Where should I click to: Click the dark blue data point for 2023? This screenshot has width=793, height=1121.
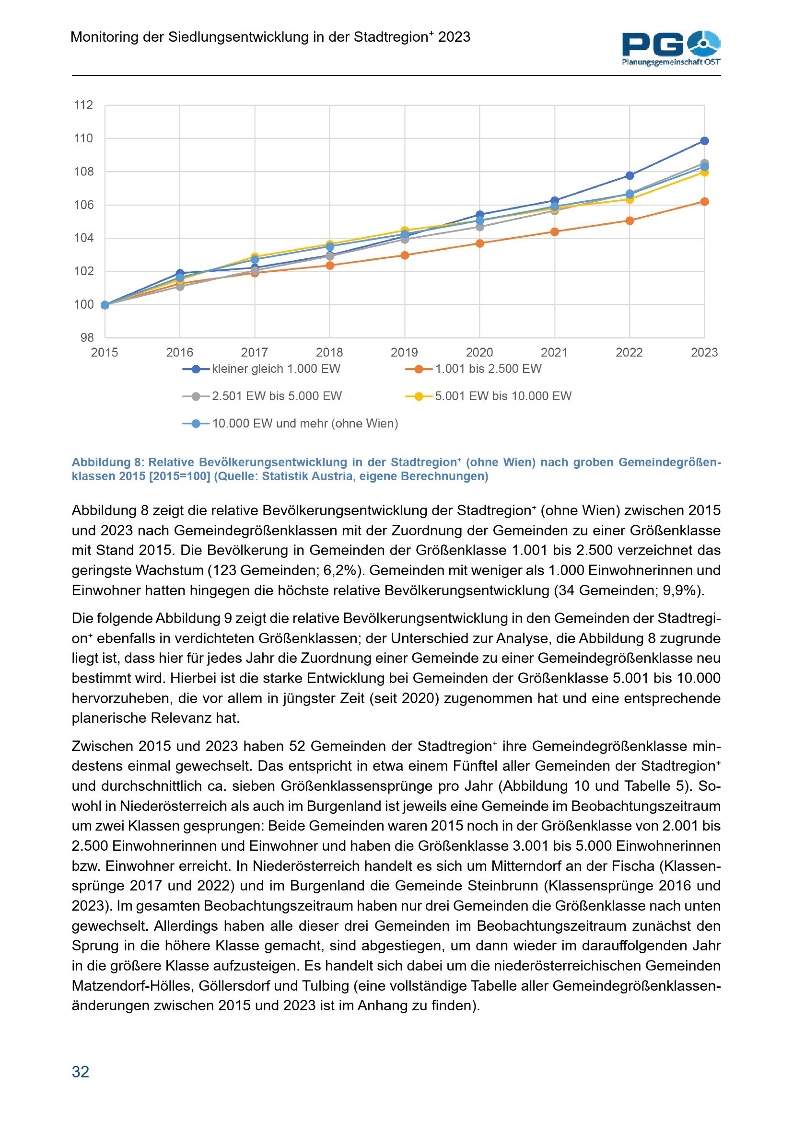(704, 141)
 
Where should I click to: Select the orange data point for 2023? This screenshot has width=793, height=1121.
(704, 202)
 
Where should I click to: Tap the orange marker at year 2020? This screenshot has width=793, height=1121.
(479, 243)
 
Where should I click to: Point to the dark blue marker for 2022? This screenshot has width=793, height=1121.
(630, 175)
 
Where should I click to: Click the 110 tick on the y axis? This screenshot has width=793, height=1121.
(83, 139)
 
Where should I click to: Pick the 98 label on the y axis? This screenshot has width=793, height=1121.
(87, 337)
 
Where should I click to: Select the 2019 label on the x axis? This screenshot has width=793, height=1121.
(404, 353)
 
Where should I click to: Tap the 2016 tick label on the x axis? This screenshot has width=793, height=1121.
(180, 353)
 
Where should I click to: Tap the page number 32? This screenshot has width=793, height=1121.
(81, 1072)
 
